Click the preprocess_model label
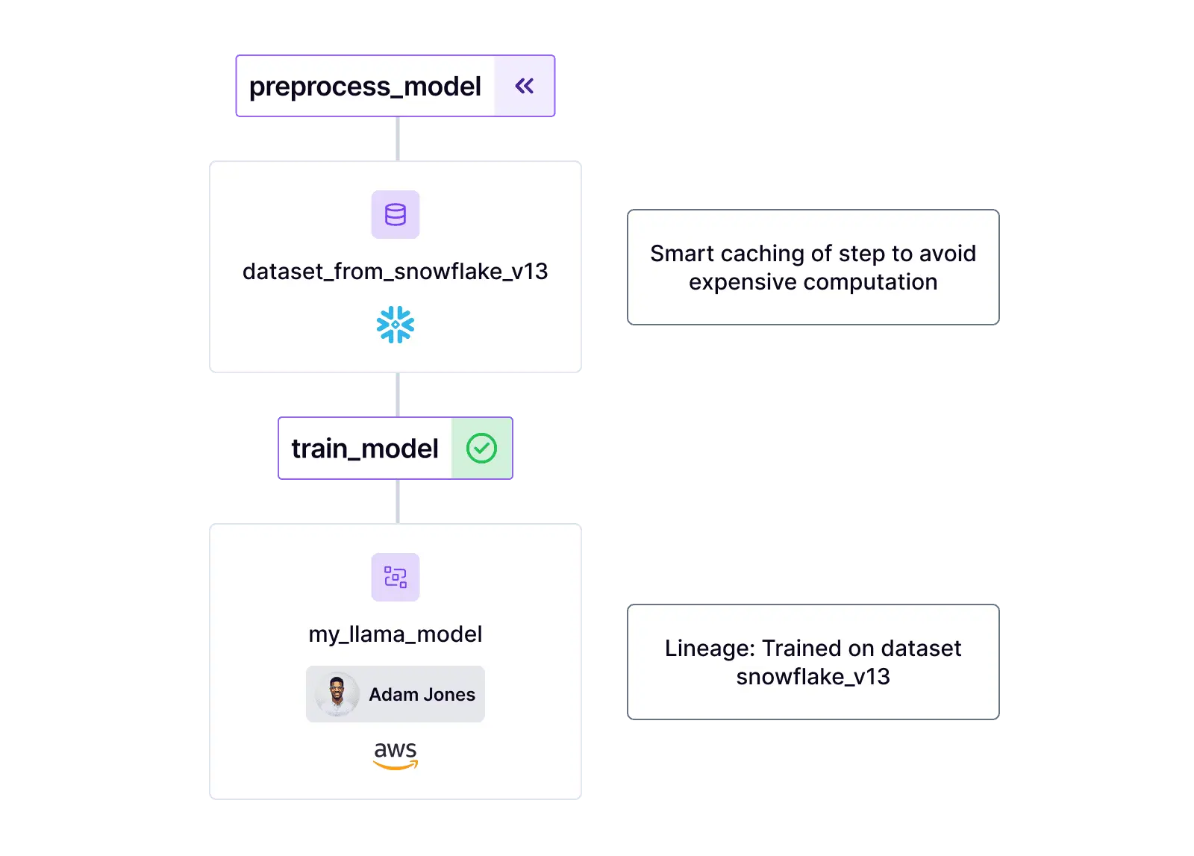[x=365, y=87]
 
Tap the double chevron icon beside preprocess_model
[x=525, y=87]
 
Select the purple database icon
[x=396, y=215]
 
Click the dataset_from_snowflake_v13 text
[x=395, y=272]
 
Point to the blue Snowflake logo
[x=396, y=325]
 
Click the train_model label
[x=364, y=449]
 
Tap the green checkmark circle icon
[x=481, y=449]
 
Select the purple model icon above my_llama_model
[x=396, y=577]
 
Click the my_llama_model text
[x=395, y=634]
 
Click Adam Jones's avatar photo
[x=337, y=694]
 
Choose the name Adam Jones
[x=422, y=695]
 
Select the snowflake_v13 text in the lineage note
[x=813, y=677]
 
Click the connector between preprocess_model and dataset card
[x=397, y=138]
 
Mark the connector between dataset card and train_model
[x=397, y=395]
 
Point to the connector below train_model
[x=397, y=502]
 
